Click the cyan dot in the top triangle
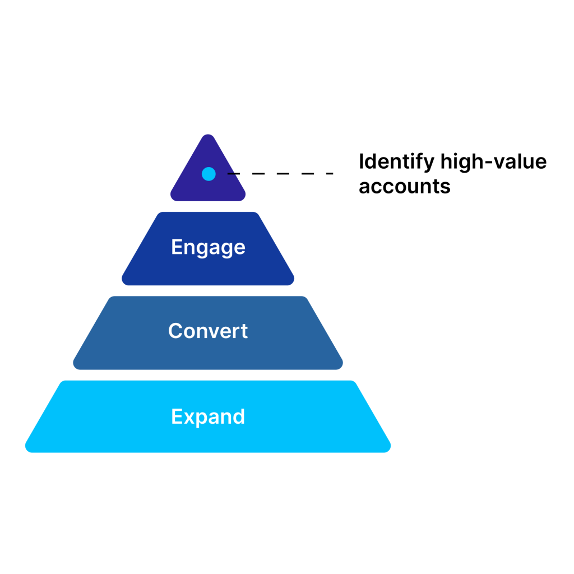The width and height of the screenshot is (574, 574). click(209, 174)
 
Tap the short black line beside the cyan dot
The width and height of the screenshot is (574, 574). click(232, 174)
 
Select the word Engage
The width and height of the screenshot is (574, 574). click(208, 247)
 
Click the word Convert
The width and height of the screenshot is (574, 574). click(208, 331)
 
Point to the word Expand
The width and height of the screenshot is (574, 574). click(208, 416)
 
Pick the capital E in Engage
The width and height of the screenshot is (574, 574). click(177, 247)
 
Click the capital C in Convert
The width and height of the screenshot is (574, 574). click(175, 331)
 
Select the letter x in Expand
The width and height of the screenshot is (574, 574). click(189, 418)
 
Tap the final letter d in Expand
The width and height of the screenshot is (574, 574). click(239, 416)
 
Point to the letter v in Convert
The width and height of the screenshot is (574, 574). click(216, 332)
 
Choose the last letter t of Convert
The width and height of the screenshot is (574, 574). click(244, 331)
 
